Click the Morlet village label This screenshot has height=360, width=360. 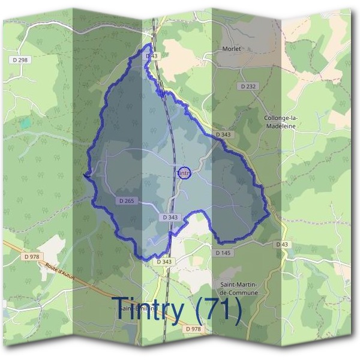(231, 49)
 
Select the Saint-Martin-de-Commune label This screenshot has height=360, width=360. (239, 288)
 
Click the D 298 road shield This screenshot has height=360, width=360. (20, 59)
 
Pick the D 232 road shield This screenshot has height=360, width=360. (248, 87)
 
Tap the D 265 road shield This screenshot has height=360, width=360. (126, 201)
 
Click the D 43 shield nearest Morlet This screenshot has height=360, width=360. (151, 56)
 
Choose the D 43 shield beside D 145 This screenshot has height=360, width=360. (283, 244)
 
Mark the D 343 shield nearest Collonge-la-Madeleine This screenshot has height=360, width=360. (223, 135)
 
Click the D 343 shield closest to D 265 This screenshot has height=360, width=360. (170, 217)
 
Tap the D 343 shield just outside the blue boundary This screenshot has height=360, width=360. (164, 262)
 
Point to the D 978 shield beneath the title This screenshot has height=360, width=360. (193, 329)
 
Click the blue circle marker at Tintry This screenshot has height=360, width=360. (185, 173)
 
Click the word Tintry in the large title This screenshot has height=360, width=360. (148, 309)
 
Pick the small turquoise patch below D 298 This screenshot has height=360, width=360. (25, 123)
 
